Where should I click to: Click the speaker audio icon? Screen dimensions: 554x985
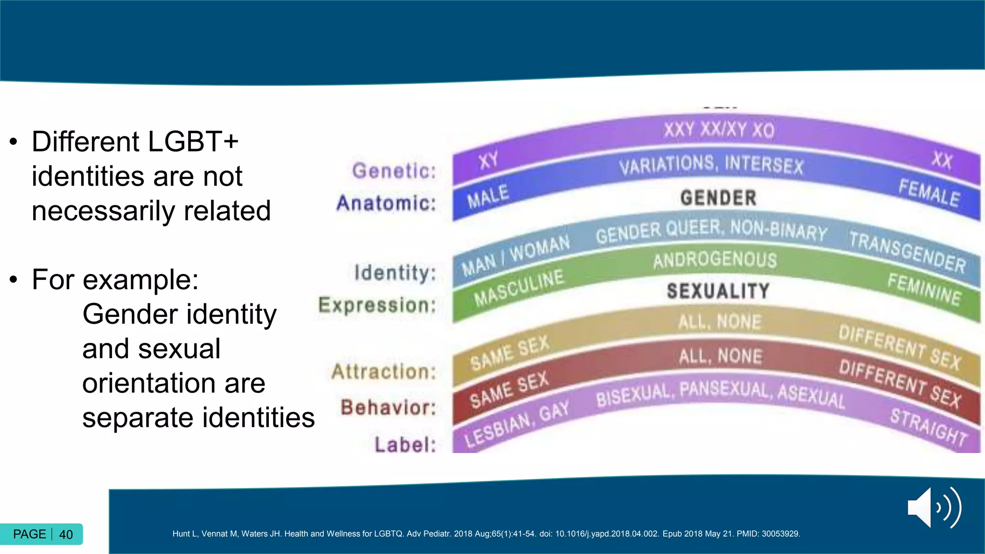click(934, 507)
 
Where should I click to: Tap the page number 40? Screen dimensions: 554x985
click(66, 534)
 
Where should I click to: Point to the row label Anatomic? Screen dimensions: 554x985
click(386, 203)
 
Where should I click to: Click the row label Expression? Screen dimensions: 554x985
click(378, 305)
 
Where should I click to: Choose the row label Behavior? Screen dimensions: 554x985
click(389, 407)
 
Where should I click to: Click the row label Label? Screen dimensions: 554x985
click(405, 444)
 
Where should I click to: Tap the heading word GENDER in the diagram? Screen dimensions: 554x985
click(718, 198)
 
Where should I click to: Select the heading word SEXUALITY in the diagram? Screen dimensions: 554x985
click(718, 291)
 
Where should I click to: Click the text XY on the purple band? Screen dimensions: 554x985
click(488, 161)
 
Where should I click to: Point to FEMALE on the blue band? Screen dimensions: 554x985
click(929, 192)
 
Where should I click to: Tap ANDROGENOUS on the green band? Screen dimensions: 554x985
click(715, 260)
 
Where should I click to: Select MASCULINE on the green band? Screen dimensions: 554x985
click(518, 287)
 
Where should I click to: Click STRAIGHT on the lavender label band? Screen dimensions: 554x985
click(928, 427)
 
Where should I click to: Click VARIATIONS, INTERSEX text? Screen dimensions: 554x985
click(711, 165)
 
